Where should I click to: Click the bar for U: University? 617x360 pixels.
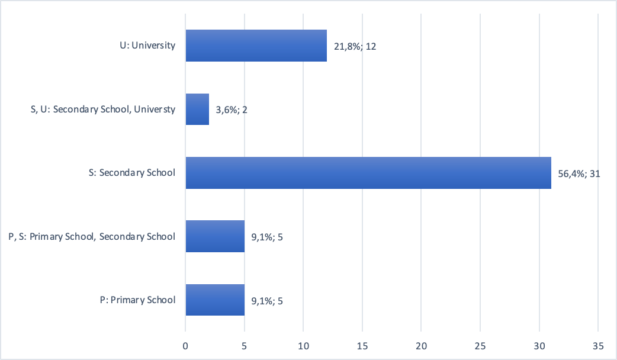pos(256,46)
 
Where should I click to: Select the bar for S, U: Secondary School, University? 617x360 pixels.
pos(197,109)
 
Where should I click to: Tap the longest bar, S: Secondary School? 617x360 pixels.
pos(368,173)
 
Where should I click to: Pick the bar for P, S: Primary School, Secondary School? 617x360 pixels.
pos(215,236)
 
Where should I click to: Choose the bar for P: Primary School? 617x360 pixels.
pos(215,300)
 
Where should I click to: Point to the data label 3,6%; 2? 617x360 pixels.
pos(232,110)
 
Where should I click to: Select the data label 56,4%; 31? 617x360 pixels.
pos(579,173)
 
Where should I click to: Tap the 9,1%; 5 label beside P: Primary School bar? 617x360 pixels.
pos(267,300)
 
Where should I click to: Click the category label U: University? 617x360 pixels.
pos(147,45)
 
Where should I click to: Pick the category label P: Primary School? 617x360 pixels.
pos(137,300)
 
